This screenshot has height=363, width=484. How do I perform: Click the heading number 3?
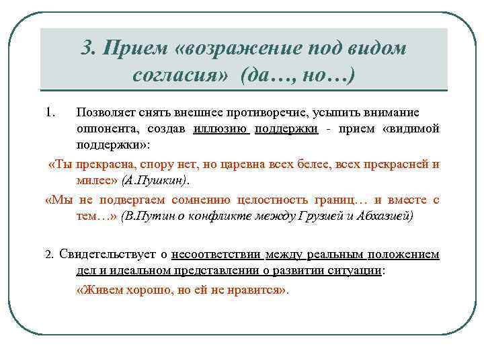pos(87,49)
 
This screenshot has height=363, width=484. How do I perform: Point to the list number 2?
pos(48,255)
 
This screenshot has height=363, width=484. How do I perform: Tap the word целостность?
pos(282,200)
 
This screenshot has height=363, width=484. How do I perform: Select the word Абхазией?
pos(386,217)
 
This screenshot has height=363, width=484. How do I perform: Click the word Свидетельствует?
pos(107,254)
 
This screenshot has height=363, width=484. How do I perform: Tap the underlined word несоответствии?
pos(216,254)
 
